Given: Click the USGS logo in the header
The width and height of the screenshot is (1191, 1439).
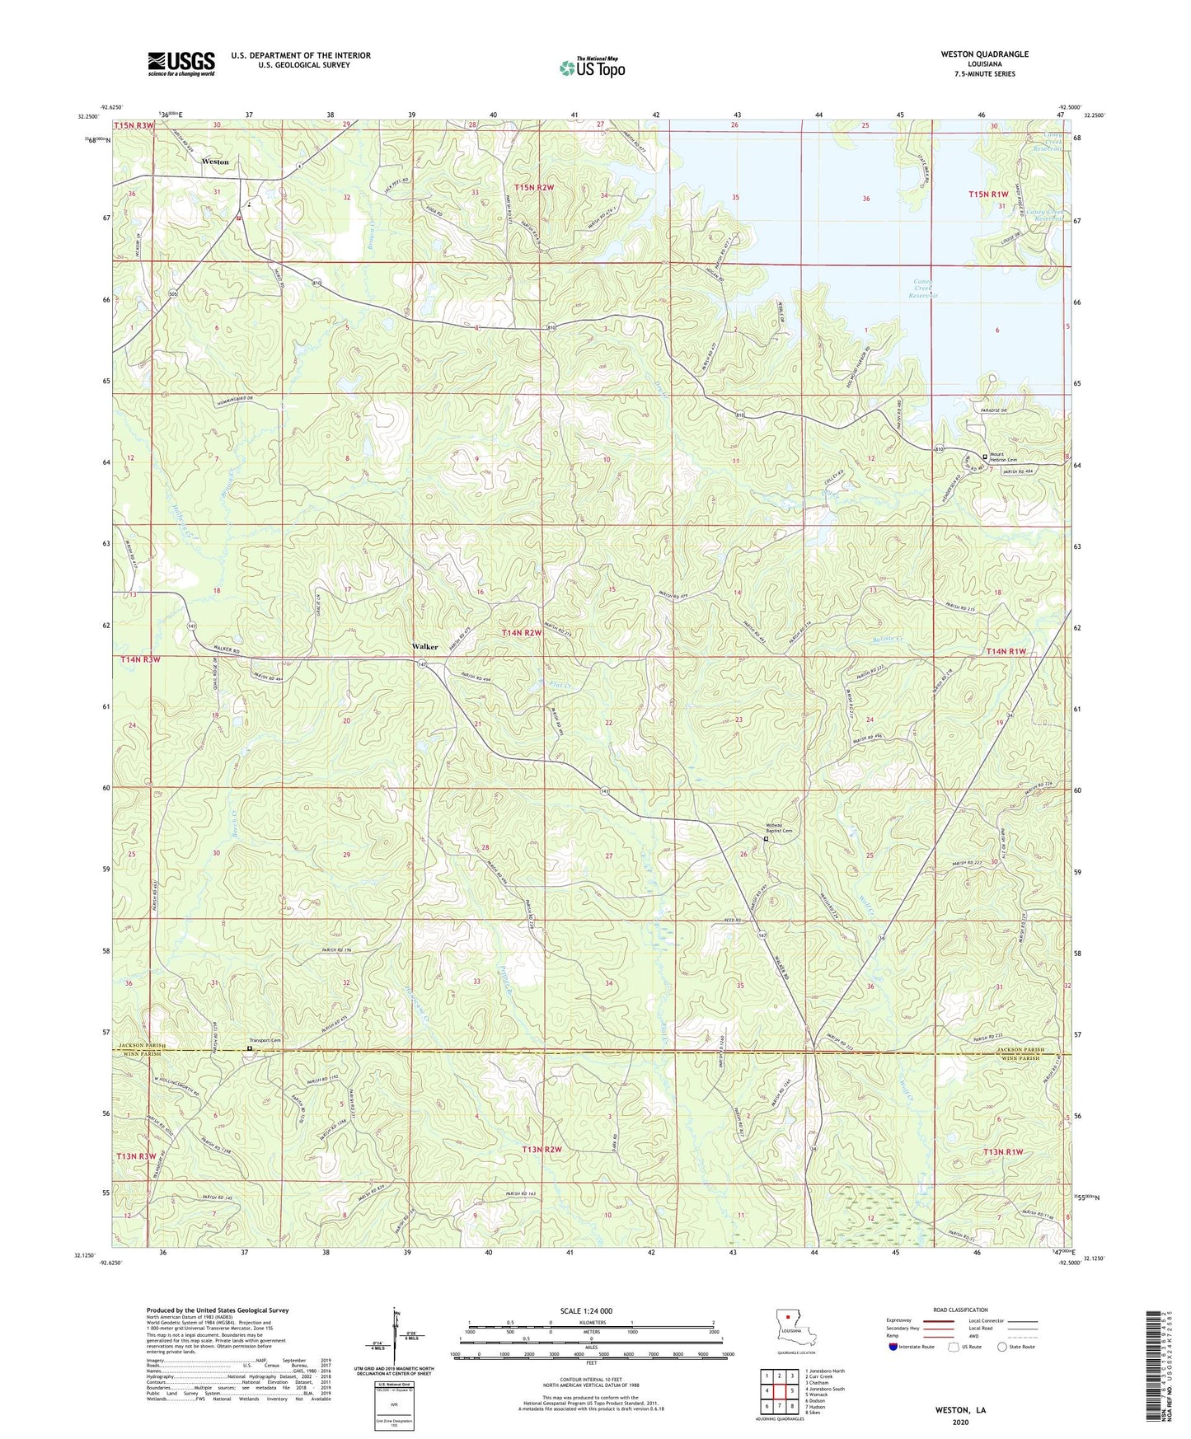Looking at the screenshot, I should [181, 63].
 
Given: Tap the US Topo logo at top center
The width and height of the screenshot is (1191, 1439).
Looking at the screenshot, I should [592, 68].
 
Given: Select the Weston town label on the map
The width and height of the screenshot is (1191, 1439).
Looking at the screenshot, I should [215, 162].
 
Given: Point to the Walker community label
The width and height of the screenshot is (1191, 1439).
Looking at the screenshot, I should [424, 647].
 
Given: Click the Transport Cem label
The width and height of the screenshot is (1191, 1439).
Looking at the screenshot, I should [265, 1041].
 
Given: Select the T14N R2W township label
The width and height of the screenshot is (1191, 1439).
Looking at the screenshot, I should [522, 633].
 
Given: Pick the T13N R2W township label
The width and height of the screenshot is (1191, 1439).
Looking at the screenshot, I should [542, 1150].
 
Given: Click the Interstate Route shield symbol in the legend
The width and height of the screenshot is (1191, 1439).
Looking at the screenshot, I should [893, 1347].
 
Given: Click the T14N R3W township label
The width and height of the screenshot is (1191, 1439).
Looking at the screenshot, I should [140, 660].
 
